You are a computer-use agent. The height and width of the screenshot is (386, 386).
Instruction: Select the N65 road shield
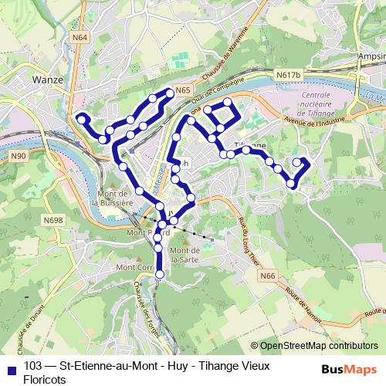pyautogui.click(x=182, y=90)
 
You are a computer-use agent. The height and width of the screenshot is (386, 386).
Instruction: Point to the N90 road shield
pyautogui.click(x=19, y=157)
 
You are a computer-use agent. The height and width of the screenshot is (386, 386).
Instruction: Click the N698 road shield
pyautogui.click(x=53, y=221)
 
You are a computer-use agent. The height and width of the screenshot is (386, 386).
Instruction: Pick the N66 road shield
pyautogui.click(x=267, y=276)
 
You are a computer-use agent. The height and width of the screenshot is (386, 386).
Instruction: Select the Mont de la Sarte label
pyautogui.click(x=185, y=255)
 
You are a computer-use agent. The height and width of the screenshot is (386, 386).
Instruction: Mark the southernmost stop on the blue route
pyautogui.click(x=160, y=274)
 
